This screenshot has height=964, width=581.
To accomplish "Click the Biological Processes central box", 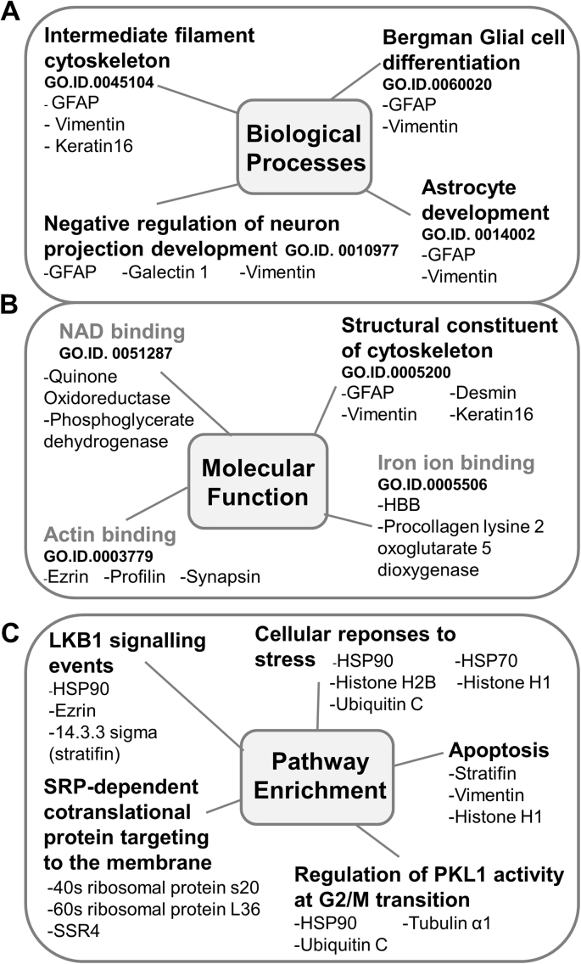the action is click(x=305, y=147).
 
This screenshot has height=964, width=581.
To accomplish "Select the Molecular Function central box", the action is click(x=258, y=482).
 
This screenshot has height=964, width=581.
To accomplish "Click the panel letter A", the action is click(x=10, y=12).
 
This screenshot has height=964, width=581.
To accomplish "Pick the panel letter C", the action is click(x=10, y=634).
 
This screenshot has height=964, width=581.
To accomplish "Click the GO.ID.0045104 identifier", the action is click(x=98, y=82).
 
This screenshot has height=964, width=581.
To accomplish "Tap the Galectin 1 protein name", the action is click(x=165, y=272).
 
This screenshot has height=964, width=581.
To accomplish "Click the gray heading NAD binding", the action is click(x=122, y=331).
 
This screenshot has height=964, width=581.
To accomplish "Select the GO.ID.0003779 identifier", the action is click(x=98, y=556).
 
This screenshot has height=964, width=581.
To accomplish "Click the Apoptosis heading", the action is click(x=499, y=750).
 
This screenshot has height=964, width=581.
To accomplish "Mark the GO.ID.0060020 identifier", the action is click(x=437, y=85).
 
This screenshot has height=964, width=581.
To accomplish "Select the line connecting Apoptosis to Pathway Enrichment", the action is click(x=419, y=759).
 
